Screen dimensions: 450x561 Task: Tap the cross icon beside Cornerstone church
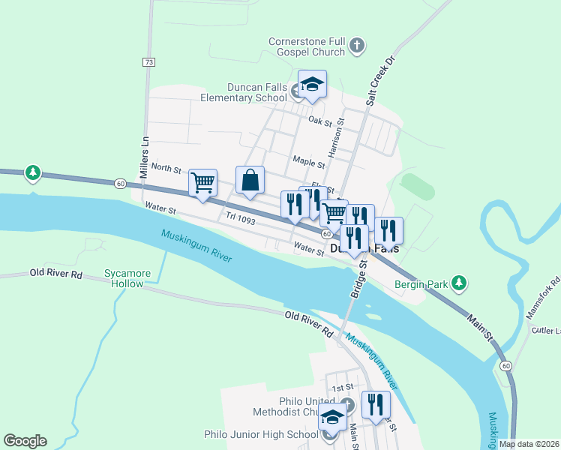click(357, 46)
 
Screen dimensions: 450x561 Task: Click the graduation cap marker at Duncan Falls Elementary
click(312, 85)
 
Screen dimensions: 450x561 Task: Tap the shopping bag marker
click(250, 181)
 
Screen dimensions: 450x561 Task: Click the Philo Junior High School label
click(261, 434)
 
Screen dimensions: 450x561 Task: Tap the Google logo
click(25, 441)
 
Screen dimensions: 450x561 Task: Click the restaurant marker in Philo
click(376, 405)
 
